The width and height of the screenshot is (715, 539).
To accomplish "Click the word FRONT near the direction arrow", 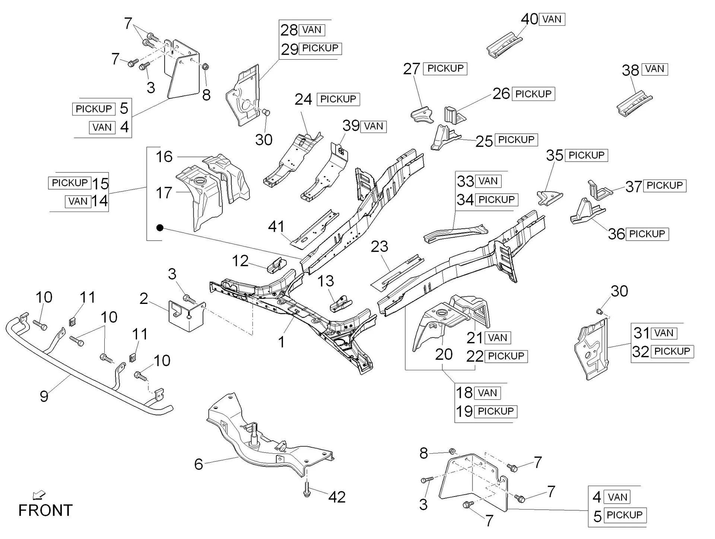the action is pos(45,510).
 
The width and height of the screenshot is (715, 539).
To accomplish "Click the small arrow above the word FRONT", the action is pos(39,495).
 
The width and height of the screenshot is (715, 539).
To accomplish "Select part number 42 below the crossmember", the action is pos(337,497).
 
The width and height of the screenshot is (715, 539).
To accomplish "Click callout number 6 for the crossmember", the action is pos(198,464).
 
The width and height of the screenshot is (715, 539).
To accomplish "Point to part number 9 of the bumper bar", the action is pos(44,396).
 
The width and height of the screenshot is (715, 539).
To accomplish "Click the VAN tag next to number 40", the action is pos(552,19).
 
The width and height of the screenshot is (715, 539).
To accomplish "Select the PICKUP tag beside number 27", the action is pos(445,69).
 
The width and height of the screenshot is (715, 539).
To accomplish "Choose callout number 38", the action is pos(630,70).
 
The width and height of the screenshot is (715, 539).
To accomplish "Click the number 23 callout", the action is pos(379,246).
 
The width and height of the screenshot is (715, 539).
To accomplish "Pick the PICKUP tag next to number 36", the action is pos(647,234).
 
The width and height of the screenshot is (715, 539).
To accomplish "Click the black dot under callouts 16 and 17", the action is pos(160,228).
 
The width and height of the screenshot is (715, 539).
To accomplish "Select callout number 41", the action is pos(276,226).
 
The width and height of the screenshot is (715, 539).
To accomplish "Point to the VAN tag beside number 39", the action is pos(374,126).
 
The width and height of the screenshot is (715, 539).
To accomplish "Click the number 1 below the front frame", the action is pos(282,342).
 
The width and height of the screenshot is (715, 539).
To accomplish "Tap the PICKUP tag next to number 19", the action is pos(496,411).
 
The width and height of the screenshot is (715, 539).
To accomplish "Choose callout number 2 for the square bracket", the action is pos(144,298).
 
